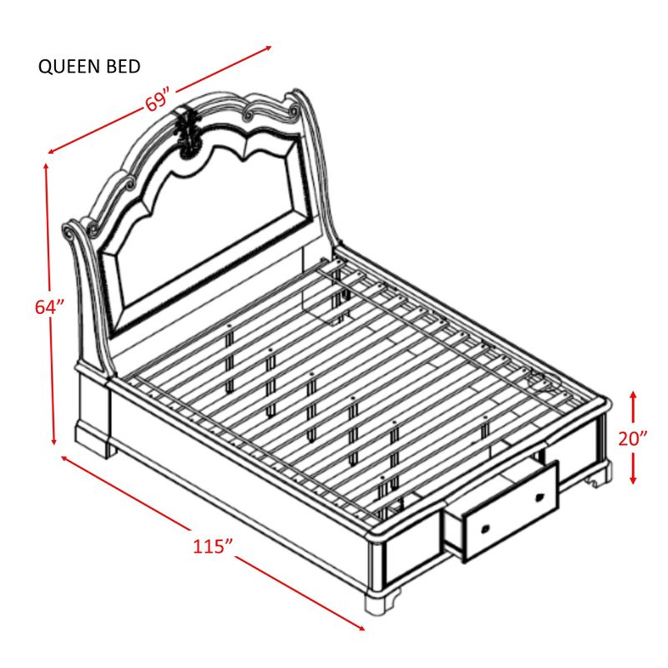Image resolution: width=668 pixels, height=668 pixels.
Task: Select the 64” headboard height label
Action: [49, 306]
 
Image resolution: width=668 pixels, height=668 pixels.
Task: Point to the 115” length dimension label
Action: [212, 546]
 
